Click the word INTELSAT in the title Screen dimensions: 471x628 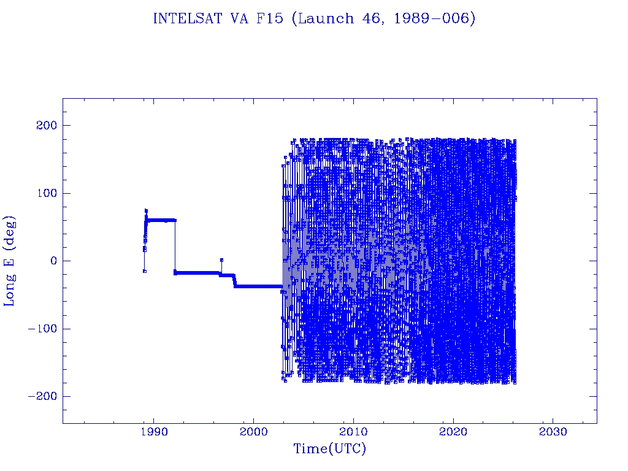[x=182, y=18]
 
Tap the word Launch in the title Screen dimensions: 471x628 [x=324, y=18]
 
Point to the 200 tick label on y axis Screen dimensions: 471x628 [x=45, y=125]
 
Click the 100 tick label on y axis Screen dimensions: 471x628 [x=45, y=193]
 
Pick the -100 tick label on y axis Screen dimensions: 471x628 [x=41, y=329]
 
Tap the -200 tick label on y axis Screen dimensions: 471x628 [x=41, y=396]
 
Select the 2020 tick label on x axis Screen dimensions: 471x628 [x=453, y=432]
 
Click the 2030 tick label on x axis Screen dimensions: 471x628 [x=553, y=432]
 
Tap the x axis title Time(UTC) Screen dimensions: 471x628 [x=329, y=449]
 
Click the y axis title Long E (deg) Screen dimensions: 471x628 [x=10, y=261]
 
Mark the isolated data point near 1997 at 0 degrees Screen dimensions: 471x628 [x=221, y=260]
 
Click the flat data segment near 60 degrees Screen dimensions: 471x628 [x=161, y=220]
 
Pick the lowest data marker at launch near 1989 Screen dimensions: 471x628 [x=144, y=271]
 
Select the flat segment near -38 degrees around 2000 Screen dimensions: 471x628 [x=258, y=286]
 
